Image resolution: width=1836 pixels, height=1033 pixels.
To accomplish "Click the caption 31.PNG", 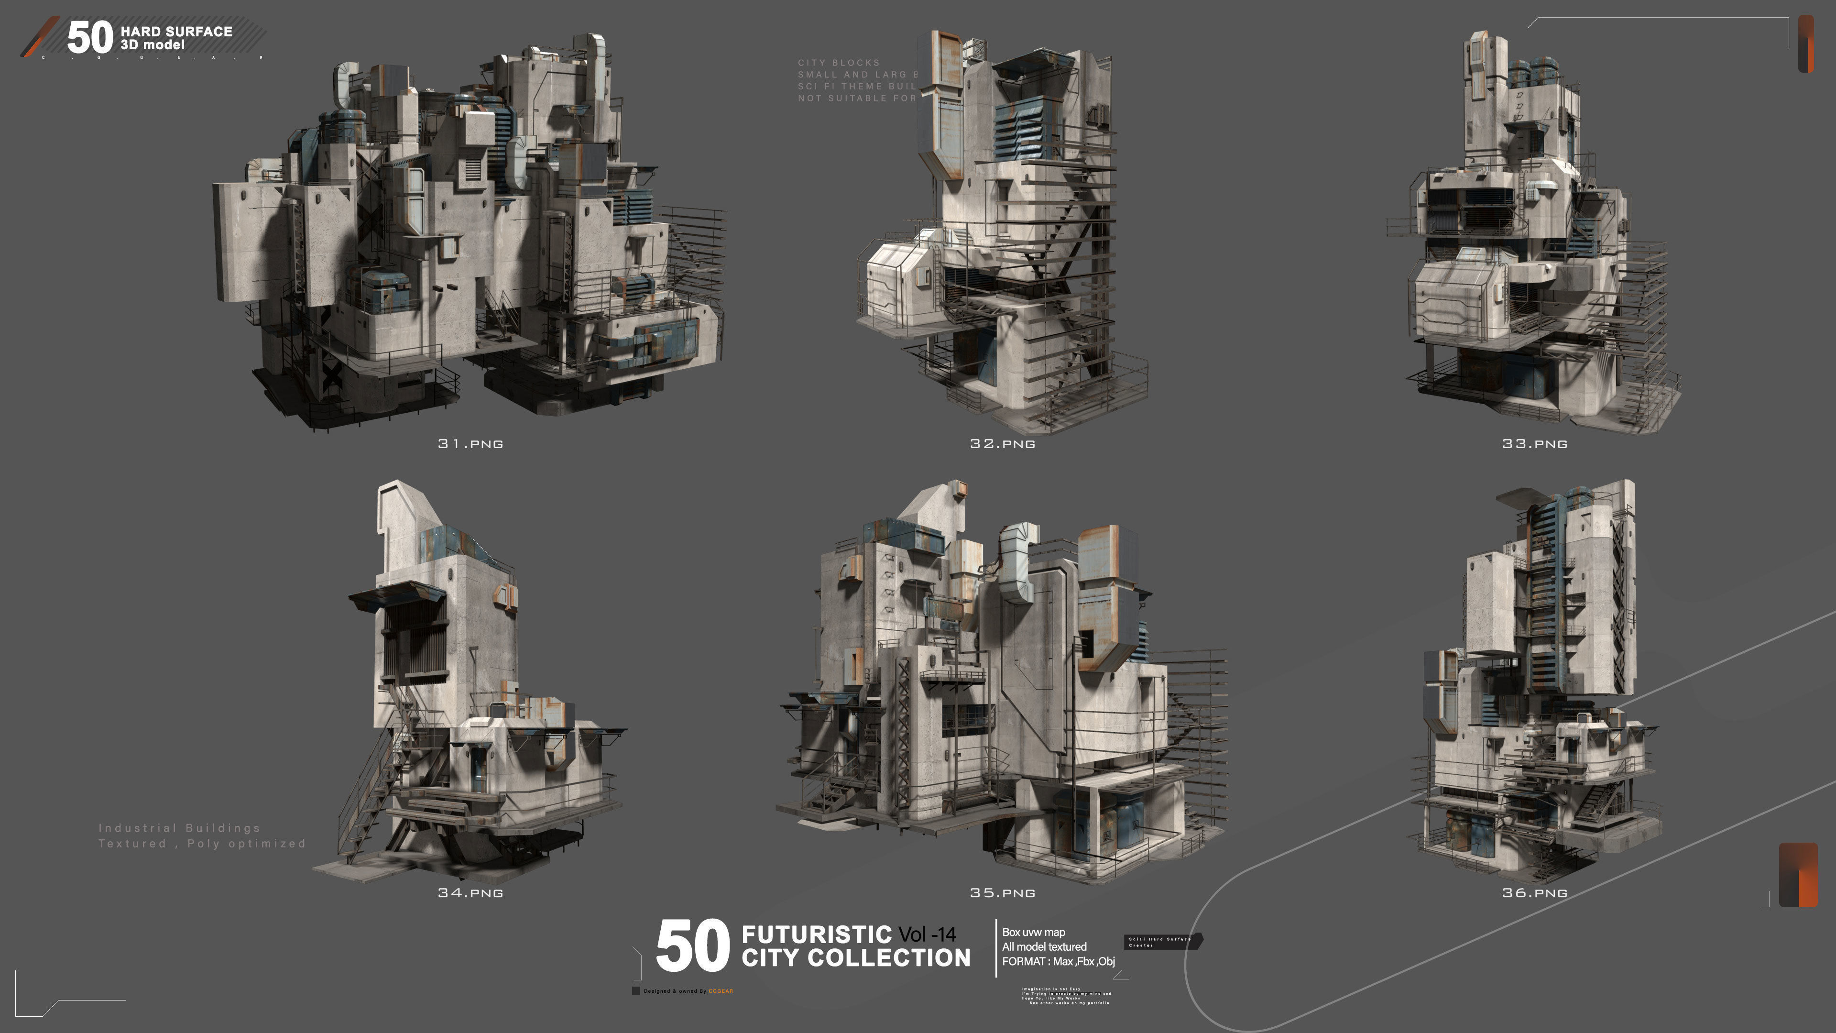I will coord(470,443).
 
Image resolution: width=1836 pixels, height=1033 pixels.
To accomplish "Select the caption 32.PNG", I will coord(1002,443).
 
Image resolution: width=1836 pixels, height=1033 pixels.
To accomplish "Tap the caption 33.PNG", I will coord(1534,443).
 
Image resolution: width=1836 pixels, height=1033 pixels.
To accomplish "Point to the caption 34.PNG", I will coord(470,892).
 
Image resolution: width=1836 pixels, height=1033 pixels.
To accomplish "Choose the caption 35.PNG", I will coord(1002,892).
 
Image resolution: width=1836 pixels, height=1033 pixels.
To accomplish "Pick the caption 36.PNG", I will coord(1534,892).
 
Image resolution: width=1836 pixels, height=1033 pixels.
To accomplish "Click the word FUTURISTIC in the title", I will coord(816,934).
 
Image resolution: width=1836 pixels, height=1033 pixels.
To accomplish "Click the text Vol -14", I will coord(927,934).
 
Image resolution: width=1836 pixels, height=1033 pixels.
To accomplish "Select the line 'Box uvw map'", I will coord(1033,932).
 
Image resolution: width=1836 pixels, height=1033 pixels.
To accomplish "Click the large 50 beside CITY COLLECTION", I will coord(692,946).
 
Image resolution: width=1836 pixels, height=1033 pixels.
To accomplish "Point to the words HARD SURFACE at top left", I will coord(176,32).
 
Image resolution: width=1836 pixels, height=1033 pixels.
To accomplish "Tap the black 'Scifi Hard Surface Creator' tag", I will coord(1162,942).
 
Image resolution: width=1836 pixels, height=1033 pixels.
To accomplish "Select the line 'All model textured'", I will coord(1044,947).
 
